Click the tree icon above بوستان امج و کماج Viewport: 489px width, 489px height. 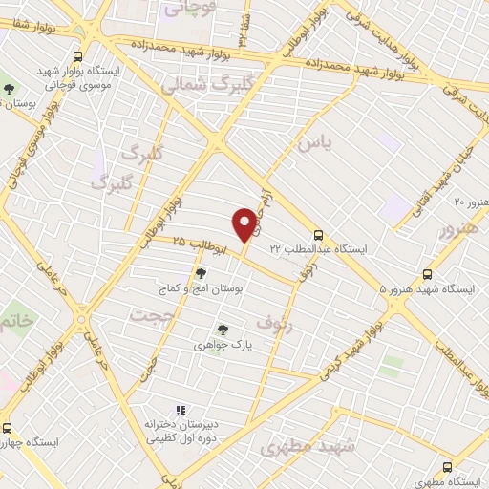pyautogui.click(x=200, y=273)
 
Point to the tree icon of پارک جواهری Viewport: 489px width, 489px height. pyautogui.click(x=223, y=330)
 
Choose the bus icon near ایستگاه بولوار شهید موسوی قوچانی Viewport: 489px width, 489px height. pyautogui.click(x=78, y=56)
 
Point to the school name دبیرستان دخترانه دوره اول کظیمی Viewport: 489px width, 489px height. pyautogui.click(x=182, y=430)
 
